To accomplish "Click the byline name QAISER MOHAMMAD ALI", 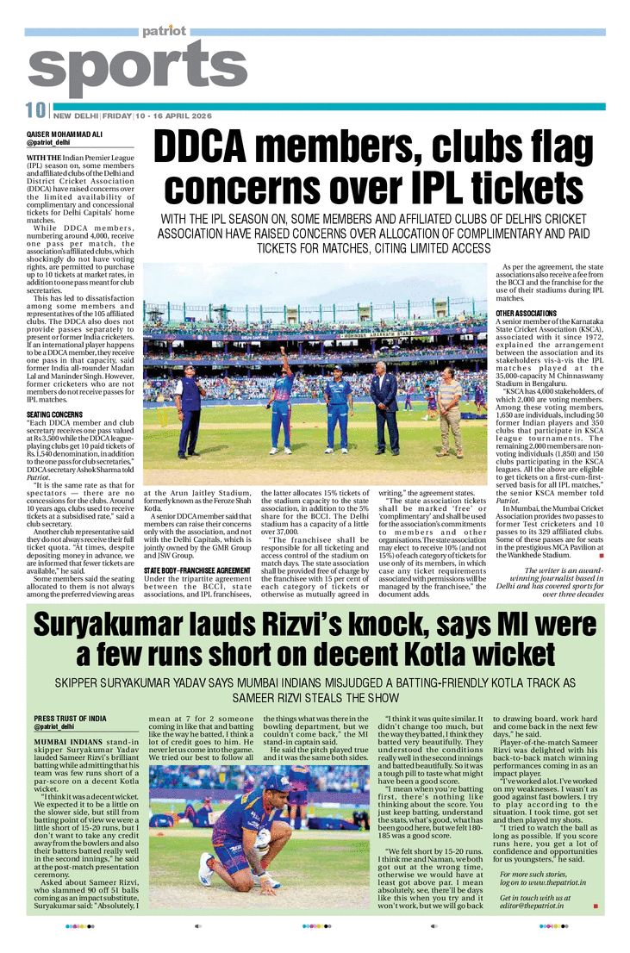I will pos(67,134).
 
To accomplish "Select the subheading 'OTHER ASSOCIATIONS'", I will pos(526,313).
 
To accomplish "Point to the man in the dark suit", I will pos(384,409).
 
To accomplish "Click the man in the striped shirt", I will pos(448,409).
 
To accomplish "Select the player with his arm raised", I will pos(282,401).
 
